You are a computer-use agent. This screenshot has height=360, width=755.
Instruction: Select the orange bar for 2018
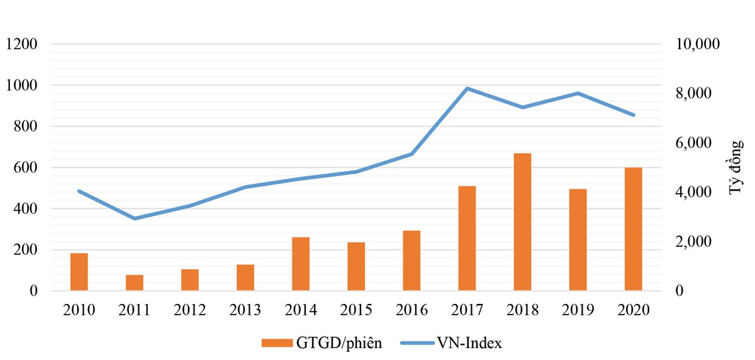coord(522,222)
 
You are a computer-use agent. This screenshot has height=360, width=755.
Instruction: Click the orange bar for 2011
coord(135,283)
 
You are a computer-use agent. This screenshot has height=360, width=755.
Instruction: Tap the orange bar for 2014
coord(301,264)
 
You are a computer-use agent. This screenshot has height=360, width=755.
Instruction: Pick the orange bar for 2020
coord(633,229)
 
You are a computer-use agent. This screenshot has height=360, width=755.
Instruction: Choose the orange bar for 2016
coord(411,261)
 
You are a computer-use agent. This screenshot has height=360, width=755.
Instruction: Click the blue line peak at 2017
coord(467,88)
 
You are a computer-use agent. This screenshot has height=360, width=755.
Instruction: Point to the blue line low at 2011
coord(135,218)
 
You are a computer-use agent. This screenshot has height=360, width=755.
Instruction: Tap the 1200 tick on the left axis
coord(22,44)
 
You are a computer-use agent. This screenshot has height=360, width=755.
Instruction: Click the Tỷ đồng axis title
coord(737,168)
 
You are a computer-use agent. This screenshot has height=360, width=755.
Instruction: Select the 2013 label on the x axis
coord(245,310)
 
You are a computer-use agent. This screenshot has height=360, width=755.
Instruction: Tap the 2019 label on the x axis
coord(578,310)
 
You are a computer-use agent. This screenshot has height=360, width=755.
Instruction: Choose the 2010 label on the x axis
coord(79,310)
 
